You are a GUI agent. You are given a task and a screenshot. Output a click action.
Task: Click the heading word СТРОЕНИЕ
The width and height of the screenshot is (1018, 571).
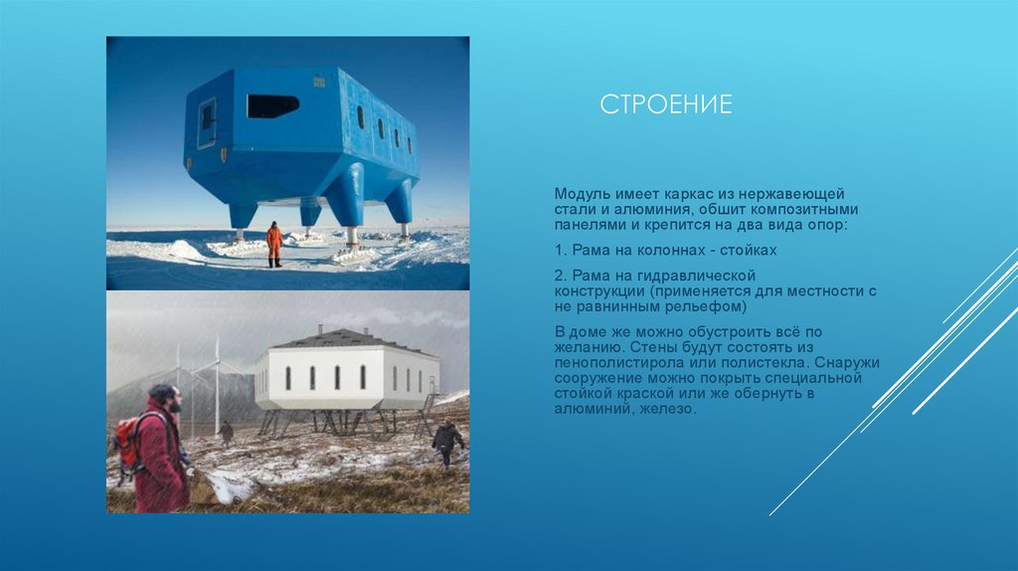tap(666, 104)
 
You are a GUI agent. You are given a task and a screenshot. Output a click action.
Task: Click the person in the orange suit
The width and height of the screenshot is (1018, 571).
tap(274, 244)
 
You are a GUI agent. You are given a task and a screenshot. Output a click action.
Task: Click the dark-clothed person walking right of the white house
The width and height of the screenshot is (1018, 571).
tap(446, 441)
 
